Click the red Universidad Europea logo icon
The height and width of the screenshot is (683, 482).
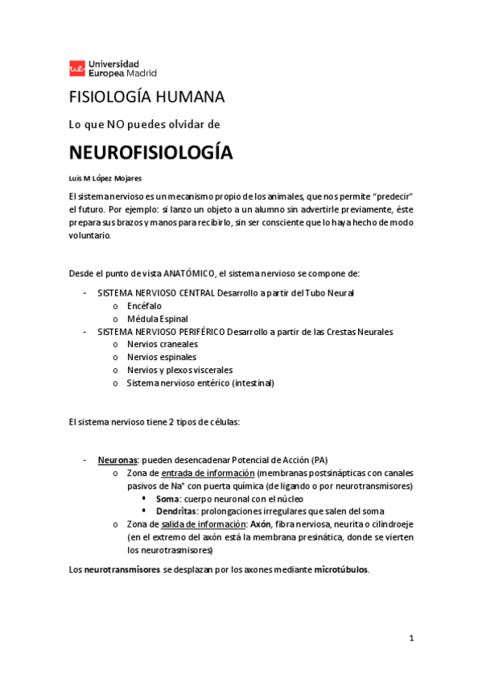click(x=77, y=68)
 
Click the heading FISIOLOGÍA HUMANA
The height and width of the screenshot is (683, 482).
click(x=146, y=97)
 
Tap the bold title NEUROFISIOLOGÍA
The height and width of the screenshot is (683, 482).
click(x=150, y=153)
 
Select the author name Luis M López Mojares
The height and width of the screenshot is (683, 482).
click(x=105, y=177)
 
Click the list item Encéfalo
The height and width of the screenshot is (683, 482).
click(x=144, y=305)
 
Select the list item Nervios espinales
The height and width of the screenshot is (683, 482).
click(x=161, y=357)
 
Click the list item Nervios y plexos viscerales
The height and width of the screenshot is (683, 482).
click(x=179, y=370)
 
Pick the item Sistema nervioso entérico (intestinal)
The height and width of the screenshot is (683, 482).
click(x=200, y=383)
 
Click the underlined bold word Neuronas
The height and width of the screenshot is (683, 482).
click(x=117, y=460)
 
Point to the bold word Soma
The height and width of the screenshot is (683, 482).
click(x=167, y=499)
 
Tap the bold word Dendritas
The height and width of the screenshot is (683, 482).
click(x=178, y=511)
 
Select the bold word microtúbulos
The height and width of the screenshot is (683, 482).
click(x=340, y=569)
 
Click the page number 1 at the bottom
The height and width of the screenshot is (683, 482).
click(x=410, y=639)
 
